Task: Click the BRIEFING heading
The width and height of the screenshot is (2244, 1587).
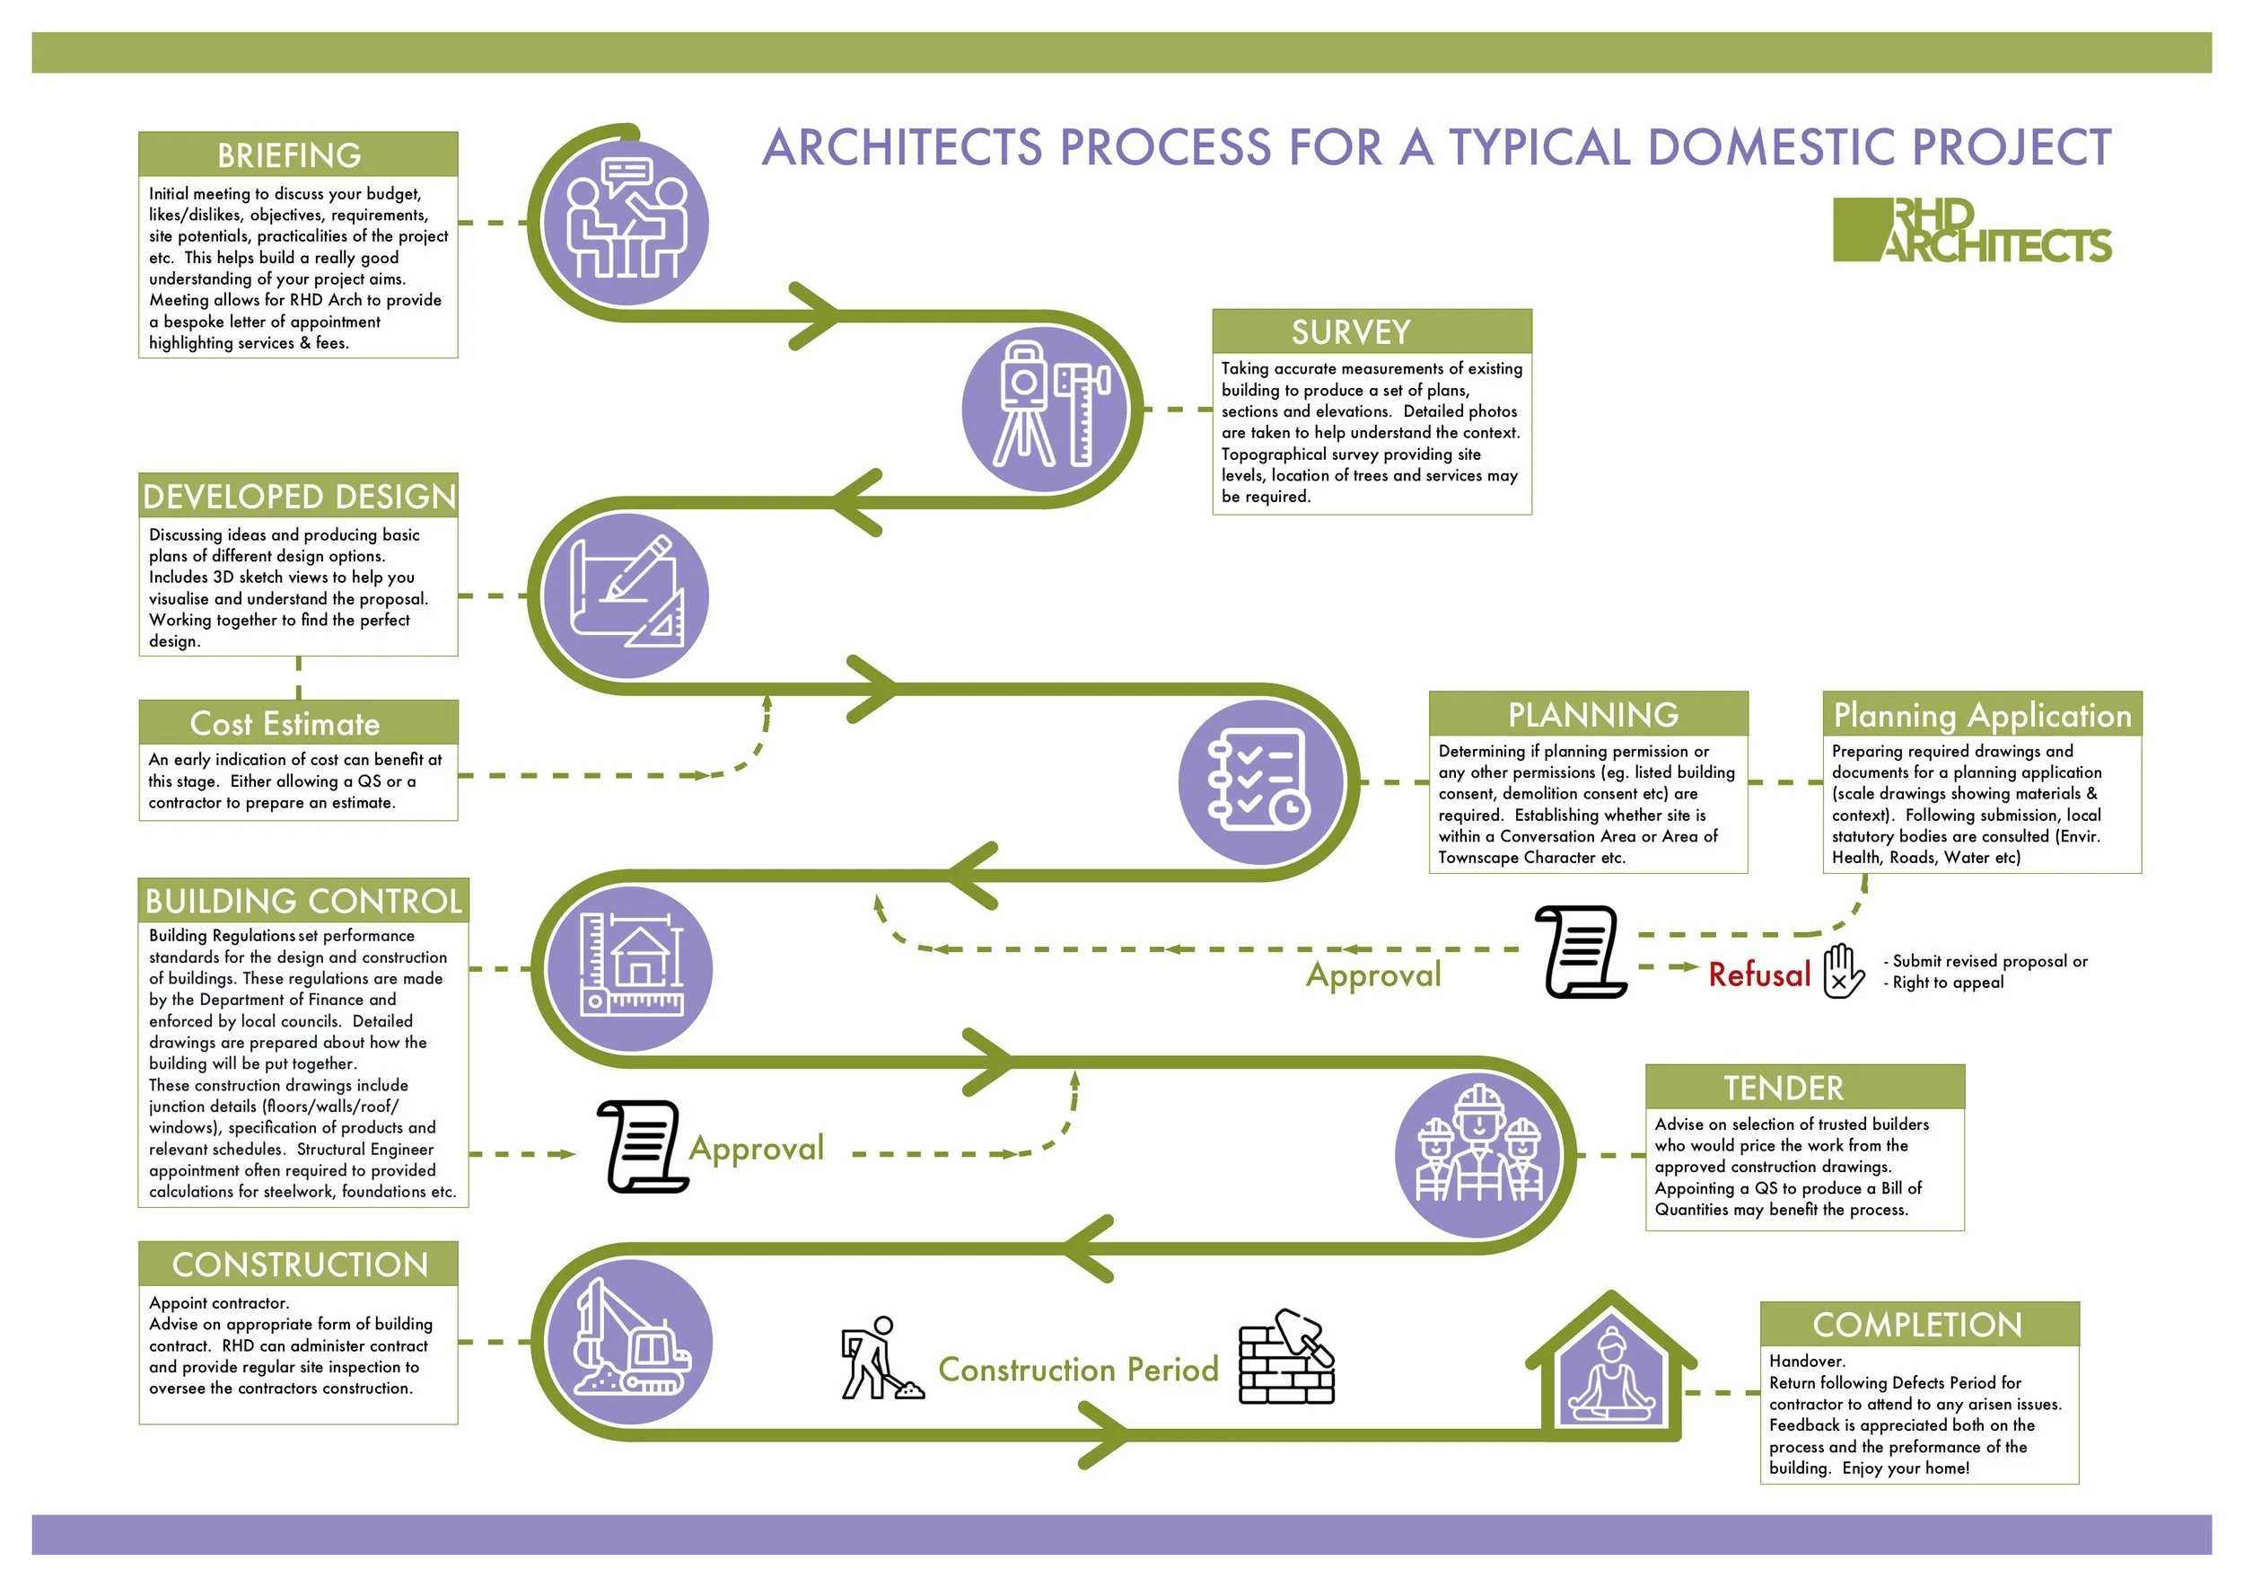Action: coord(289,154)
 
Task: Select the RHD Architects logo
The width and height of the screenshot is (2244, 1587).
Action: coord(1971,231)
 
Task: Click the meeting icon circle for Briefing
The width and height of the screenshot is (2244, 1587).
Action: coord(626,224)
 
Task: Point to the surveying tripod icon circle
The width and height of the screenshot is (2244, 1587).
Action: coord(1046,409)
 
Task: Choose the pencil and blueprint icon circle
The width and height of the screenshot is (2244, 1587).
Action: coord(626,595)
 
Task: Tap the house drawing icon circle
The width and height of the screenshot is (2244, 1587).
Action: coord(628,968)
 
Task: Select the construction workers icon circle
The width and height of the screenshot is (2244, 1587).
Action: coord(1477,1154)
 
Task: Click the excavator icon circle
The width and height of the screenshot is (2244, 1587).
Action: coord(628,1341)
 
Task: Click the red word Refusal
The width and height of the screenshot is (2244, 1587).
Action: coord(1758,974)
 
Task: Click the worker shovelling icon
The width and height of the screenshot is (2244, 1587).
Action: coord(880,1358)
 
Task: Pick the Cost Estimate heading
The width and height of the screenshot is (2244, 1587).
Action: coord(285,724)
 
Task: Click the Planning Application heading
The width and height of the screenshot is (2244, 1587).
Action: coord(1981,715)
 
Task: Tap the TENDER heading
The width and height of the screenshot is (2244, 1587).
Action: coord(1784,1088)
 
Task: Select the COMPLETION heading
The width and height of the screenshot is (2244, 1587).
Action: coord(1917,1324)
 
